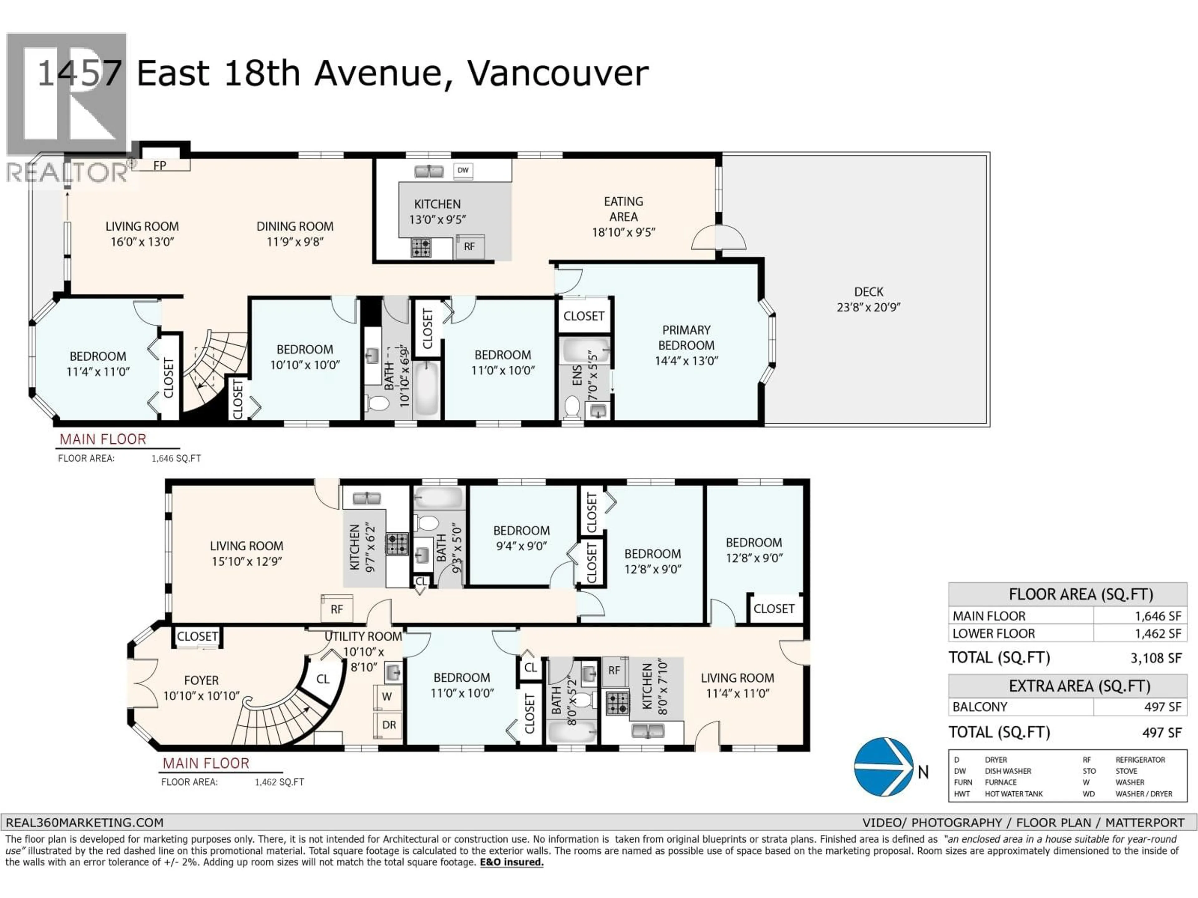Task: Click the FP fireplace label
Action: pyautogui.click(x=160, y=166)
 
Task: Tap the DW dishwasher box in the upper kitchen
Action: pyautogui.click(x=463, y=171)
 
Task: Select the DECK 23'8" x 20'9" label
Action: pyautogui.click(x=868, y=299)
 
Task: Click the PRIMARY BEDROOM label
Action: pyautogui.click(x=686, y=338)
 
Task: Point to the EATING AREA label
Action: pyautogui.click(x=623, y=209)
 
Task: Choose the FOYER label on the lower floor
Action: pyautogui.click(x=202, y=680)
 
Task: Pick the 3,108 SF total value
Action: pyautogui.click(x=1155, y=658)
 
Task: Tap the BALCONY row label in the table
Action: pyautogui.click(x=980, y=707)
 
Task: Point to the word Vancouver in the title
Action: pyautogui.click(x=558, y=73)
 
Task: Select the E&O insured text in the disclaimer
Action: pyautogui.click(x=511, y=862)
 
